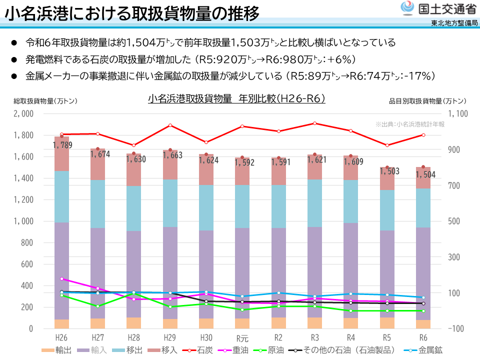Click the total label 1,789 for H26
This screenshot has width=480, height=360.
point(62,145)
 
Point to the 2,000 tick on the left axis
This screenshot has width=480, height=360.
point(23,113)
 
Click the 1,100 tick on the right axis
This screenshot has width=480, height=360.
point(458,113)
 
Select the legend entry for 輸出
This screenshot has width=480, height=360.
point(58,350)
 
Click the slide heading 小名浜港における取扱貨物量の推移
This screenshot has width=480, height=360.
point(132,14)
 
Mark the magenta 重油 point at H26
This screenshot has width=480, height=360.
point(61,279)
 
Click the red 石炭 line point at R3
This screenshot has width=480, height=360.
point(314,123)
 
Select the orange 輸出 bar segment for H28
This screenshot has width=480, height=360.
point(133,323)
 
